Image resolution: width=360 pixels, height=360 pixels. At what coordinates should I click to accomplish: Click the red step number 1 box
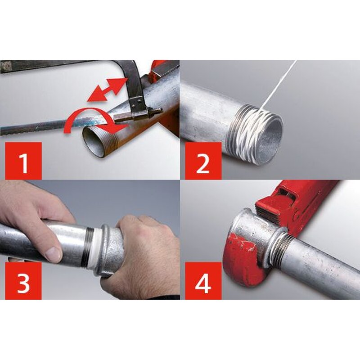pyautogui.click(x=23, y=161)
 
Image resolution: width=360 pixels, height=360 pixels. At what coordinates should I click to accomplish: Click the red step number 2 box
pyautogui.click(x=203, y=161)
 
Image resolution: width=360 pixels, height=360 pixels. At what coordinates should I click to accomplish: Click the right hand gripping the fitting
pyautogui.click(x=144, y=252)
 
